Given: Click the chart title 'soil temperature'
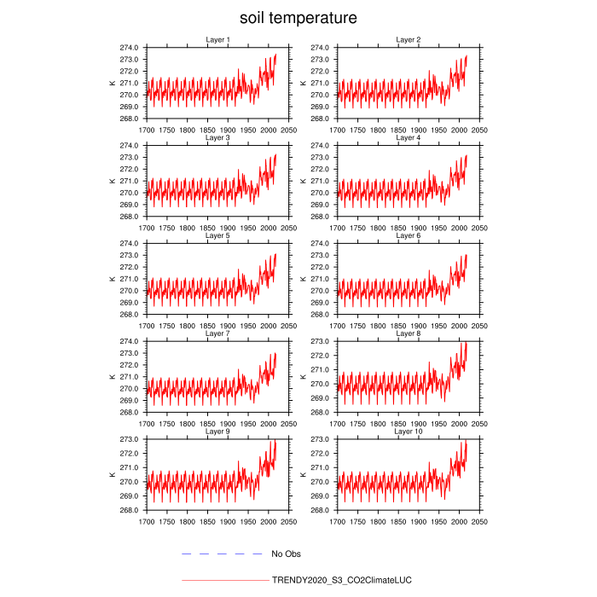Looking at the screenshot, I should [298, 18].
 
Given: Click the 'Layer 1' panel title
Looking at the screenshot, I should [217, 40].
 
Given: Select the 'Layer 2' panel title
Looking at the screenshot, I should [409, 40].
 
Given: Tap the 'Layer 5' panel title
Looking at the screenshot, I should [217, 235].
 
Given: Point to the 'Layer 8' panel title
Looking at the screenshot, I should [409, 333].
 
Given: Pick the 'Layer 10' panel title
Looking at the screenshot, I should [409, 432].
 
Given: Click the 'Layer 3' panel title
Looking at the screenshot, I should [217, 137].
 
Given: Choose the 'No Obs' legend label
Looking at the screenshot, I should [287, 554].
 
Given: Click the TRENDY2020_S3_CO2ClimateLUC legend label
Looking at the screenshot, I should [341, 580].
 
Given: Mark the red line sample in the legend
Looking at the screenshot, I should [224, 580].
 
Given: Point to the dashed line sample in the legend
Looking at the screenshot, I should [222, 554].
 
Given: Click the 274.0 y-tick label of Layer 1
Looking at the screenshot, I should [130, 48].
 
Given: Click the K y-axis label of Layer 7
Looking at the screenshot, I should [111, 377].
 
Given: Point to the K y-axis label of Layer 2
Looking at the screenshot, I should [303, 83].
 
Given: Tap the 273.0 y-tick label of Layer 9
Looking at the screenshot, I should [130, 439].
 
